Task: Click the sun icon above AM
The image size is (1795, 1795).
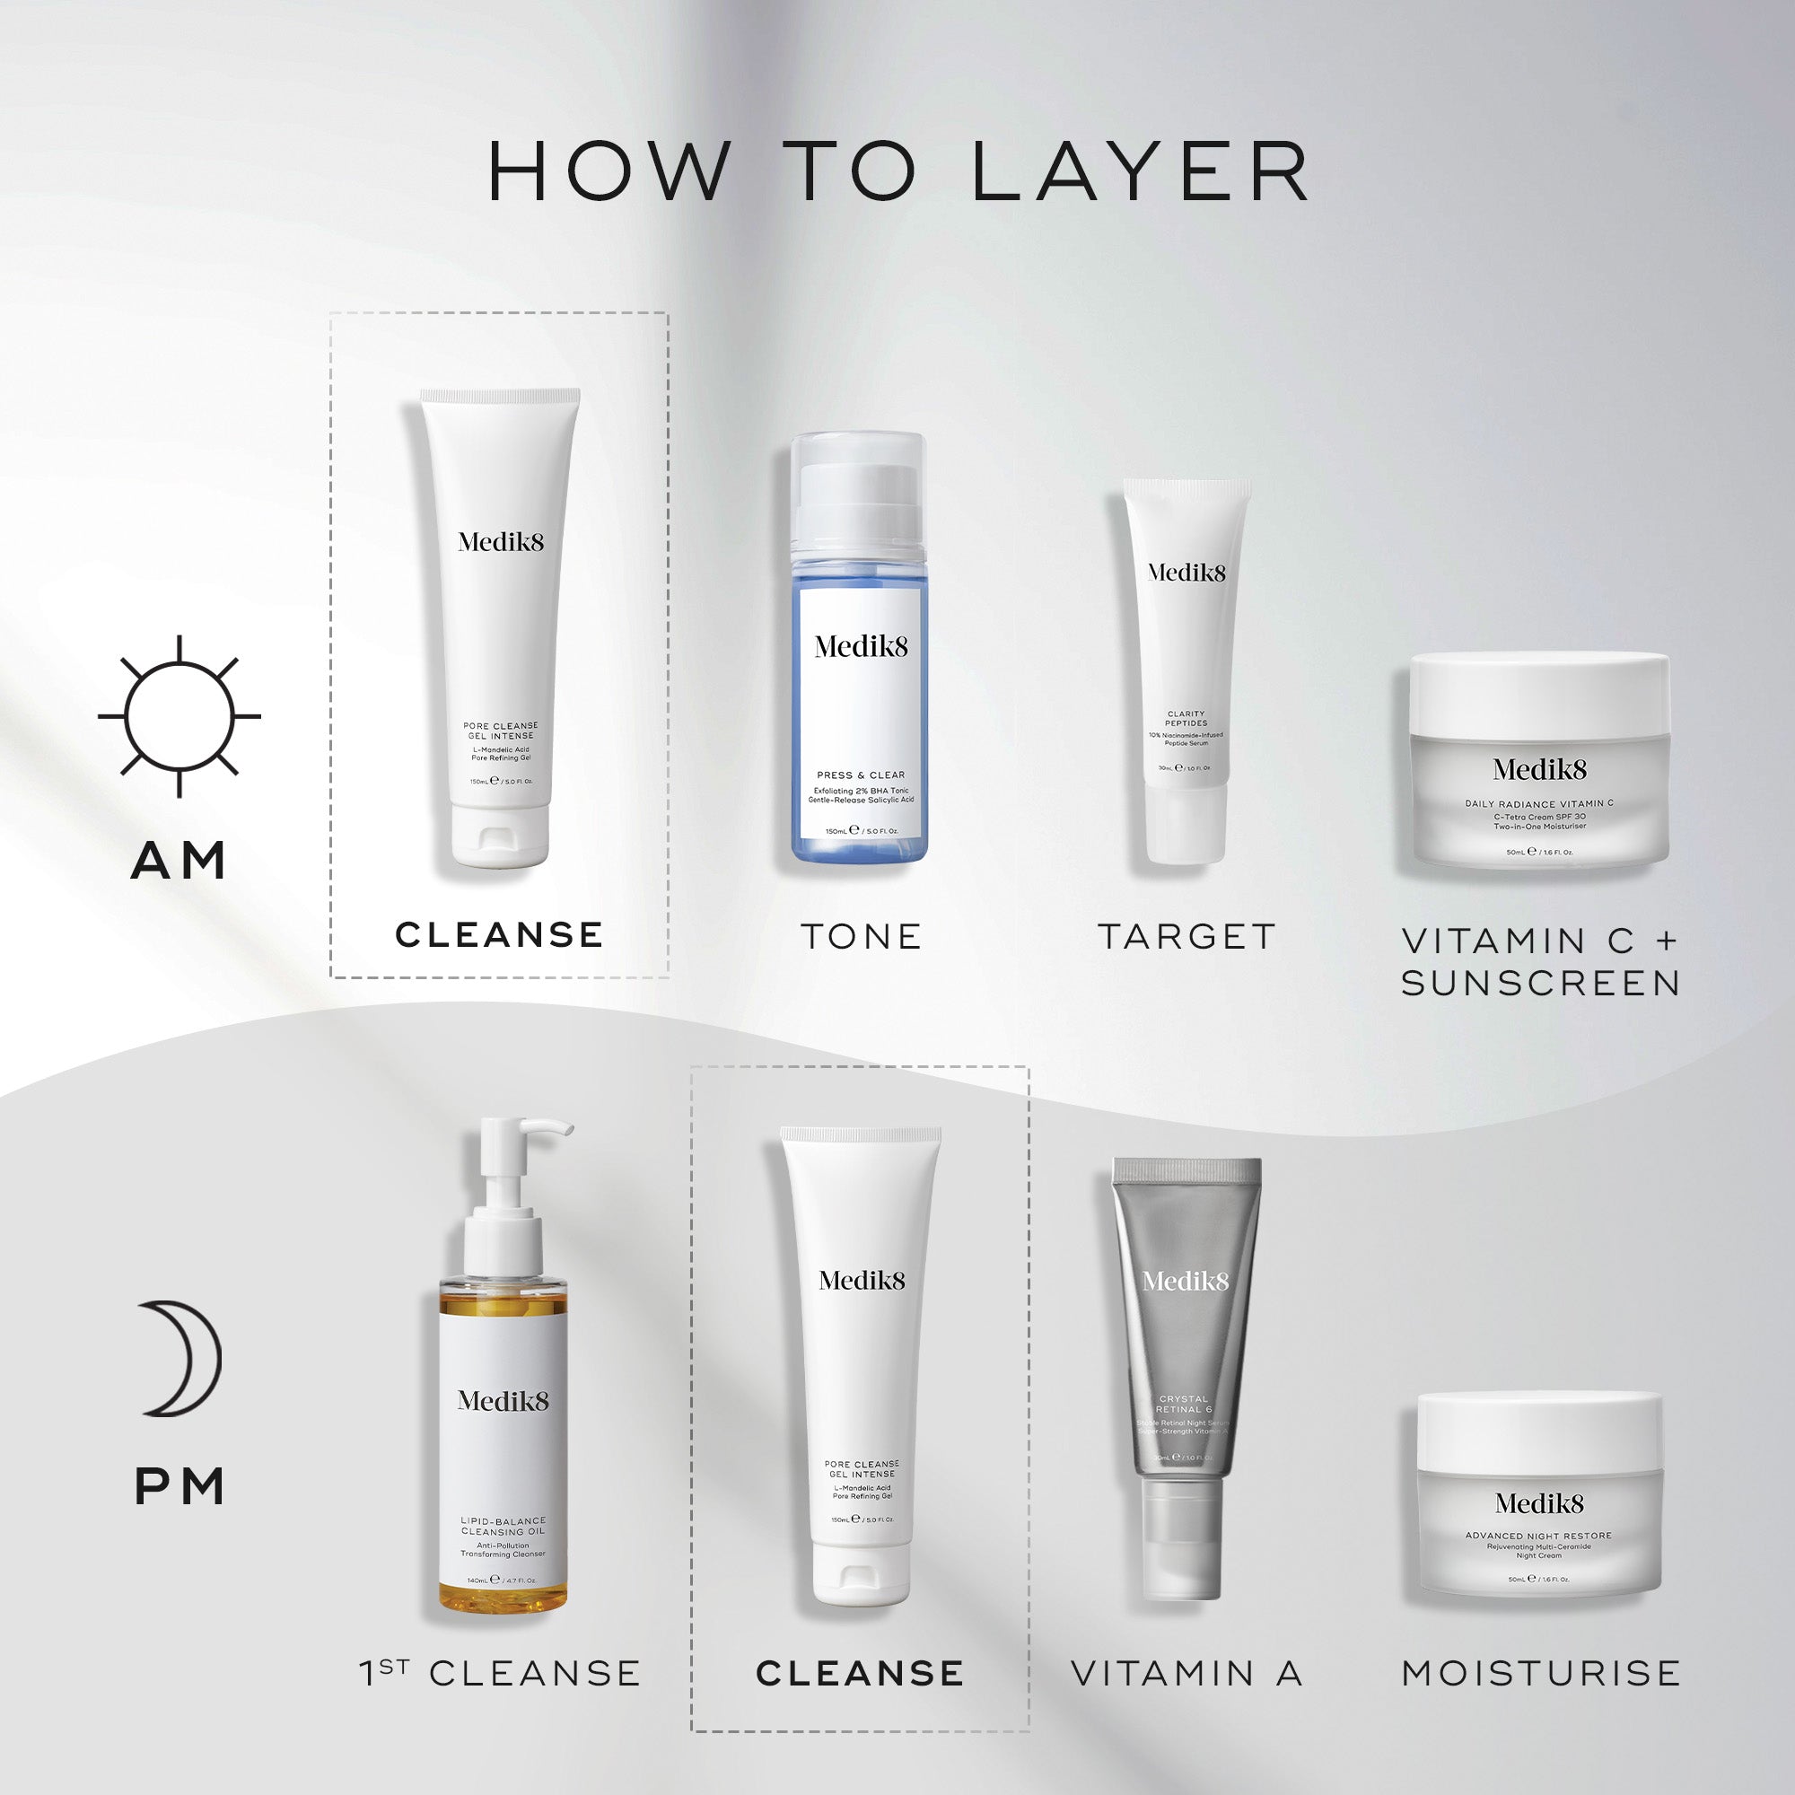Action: pos(179,716)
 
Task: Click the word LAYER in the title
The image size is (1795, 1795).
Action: pos(1140,172)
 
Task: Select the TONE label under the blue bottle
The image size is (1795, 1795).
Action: pos(861,936)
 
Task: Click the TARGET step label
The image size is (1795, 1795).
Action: pos(1186,936)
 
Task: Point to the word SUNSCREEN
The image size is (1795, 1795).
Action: pos(1539,983)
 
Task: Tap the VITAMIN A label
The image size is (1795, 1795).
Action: pos(1186,1673)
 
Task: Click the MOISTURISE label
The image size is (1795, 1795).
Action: pos(1540,1673)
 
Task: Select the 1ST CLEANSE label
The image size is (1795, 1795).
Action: pos(500,1673)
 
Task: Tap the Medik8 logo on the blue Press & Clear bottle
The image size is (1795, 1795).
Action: pos(861,646)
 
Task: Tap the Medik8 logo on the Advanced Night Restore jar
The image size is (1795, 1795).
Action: pos(1539,1503)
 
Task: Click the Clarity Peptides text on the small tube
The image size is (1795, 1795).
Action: pos(1186,718)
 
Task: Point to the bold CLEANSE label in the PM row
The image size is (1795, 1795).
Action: pos(860,1673)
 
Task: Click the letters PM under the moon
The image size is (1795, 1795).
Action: pos(179,1486)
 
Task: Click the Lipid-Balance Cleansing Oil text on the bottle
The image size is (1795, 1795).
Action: pos(503,1527)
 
